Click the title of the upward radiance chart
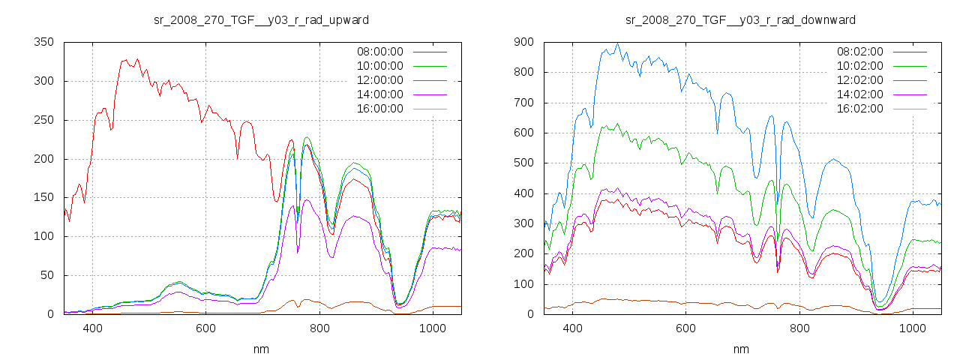pyautogui.click(x=261, y=19)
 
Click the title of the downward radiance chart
pyautogui.click(x=741, y=19)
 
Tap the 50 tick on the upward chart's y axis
pyautogui.click(x=47, y=275)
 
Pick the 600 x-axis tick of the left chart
pyautogui.click(x=206, y=328)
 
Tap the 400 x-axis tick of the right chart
pyautogui.click(x=573, y=328)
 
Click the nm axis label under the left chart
pyautogui.click(x=261, y=349)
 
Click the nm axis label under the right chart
pyautogui.click(x=741, y=349)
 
